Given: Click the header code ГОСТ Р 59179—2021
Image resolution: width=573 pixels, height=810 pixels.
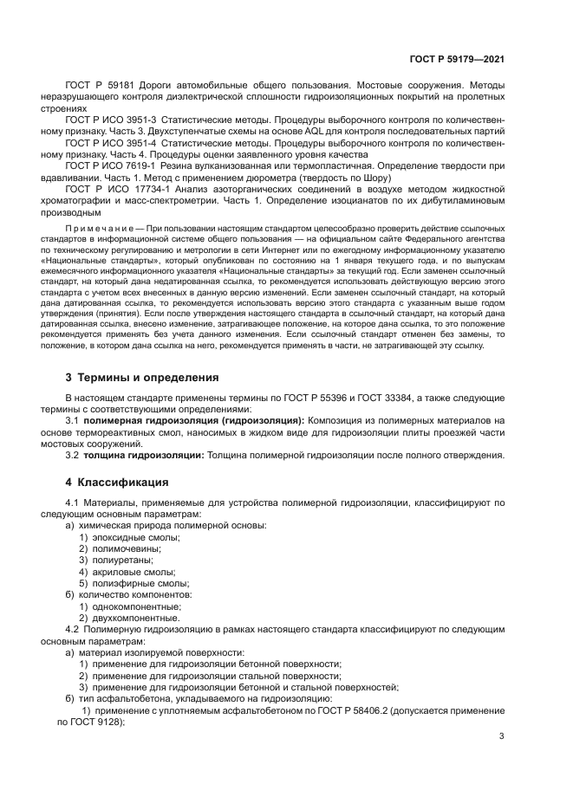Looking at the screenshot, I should pyautogui.click(x=457, y=61).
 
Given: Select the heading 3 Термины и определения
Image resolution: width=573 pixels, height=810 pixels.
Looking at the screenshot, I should pyautogui.click(x=143, y=378).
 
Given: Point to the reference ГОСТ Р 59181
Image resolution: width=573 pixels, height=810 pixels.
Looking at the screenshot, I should pyautogui.click(x=99, y=87).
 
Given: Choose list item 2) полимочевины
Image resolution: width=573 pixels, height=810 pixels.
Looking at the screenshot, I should pyautogui.click(x=121, y=549).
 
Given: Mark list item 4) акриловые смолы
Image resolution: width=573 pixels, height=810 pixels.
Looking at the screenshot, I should pyautogui.click(x=127, y=572).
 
